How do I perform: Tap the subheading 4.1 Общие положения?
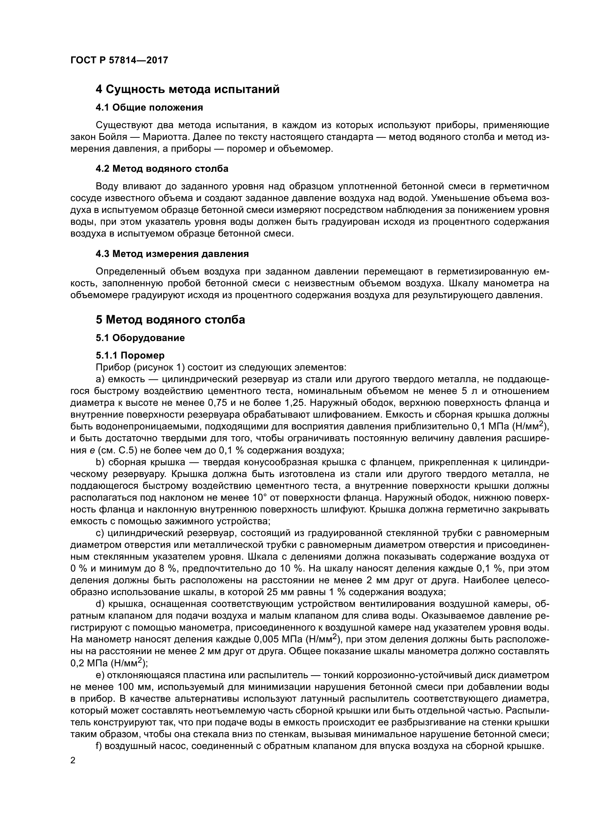click(149, 108)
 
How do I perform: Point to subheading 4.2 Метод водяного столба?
click(162, 169)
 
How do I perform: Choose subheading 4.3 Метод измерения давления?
click(172, 254)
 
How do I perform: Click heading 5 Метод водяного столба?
click(170, 320)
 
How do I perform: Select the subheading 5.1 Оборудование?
click(140, 338)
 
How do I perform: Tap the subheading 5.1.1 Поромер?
click(130, 355)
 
